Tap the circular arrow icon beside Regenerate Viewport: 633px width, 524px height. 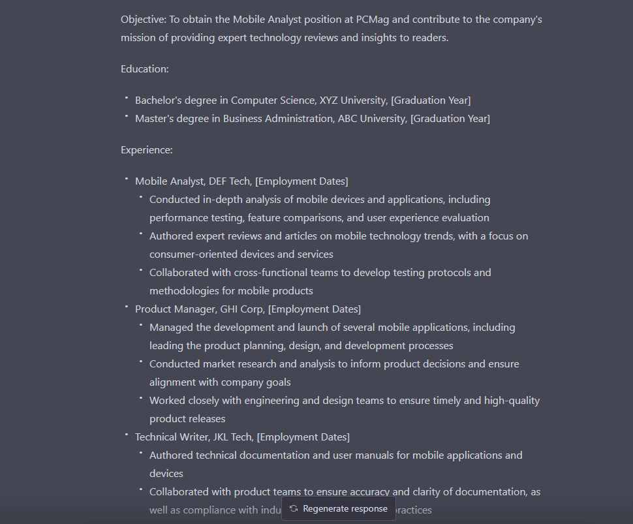click(x=294, y=508)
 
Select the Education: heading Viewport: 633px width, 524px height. click(x=145, y=69)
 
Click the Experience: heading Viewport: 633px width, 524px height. click(x=147, y=150)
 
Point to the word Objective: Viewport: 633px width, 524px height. click(x=144, y=20)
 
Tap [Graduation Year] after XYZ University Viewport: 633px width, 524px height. click(x=431, y=100)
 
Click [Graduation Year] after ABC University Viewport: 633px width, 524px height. click(x=450, y=119)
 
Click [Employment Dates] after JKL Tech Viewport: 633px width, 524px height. click(x=303, y=437)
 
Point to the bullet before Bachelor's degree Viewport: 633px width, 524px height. click(x=126, y=98)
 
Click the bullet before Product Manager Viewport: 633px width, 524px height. click(x=126, y=307)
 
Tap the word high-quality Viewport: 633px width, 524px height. click(x=512, y=401)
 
